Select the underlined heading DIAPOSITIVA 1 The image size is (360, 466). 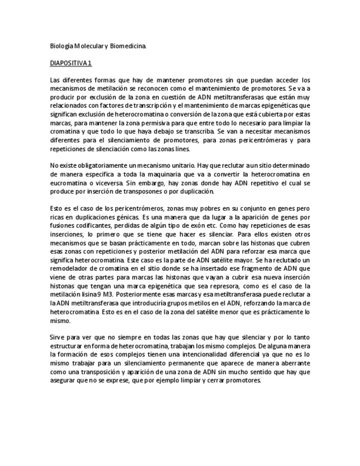(x=71, y=63)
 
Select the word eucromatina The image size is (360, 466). (x=68, y=183)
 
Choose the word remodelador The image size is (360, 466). (x=71, y=269)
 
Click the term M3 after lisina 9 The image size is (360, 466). (x=114, y=295)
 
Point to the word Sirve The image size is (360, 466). (x=57, y=337)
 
